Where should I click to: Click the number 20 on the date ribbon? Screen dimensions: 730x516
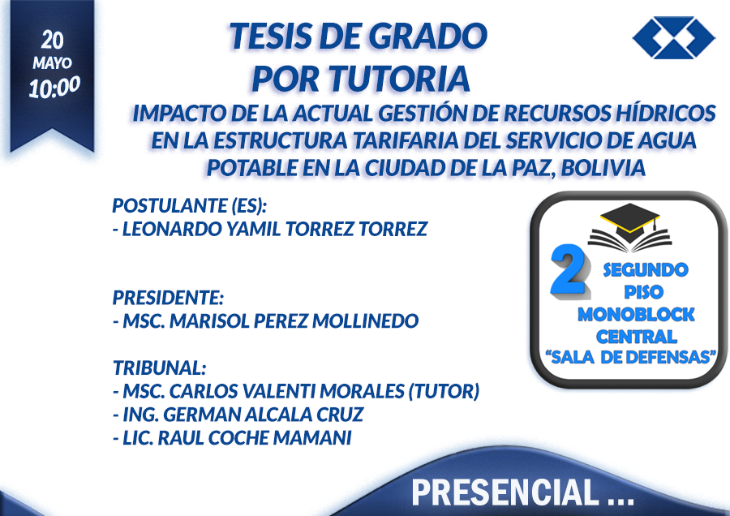click(52, 40)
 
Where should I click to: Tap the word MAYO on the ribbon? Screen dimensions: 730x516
click(53, 62)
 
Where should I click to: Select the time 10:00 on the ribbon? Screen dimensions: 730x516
click(54, 87)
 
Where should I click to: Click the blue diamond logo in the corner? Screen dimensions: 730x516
click(674, 37)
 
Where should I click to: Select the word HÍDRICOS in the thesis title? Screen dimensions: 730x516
click(666, 113)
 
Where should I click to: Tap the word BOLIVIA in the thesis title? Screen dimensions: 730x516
click(603, 168)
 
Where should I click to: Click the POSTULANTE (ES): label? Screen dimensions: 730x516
click(190, 205)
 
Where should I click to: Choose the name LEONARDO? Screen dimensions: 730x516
click(172, 229)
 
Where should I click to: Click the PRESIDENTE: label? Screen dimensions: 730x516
click(169, 298)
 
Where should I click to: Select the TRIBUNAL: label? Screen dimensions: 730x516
click(160, 368)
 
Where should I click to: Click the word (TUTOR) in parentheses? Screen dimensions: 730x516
click(444, 391)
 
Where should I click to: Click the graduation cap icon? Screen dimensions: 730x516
click(629, 228)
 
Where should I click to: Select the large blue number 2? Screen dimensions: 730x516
click(569, 270)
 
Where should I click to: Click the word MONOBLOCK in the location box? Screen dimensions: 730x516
click(636, 315)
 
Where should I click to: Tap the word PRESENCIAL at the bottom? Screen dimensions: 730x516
click(505, 492)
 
